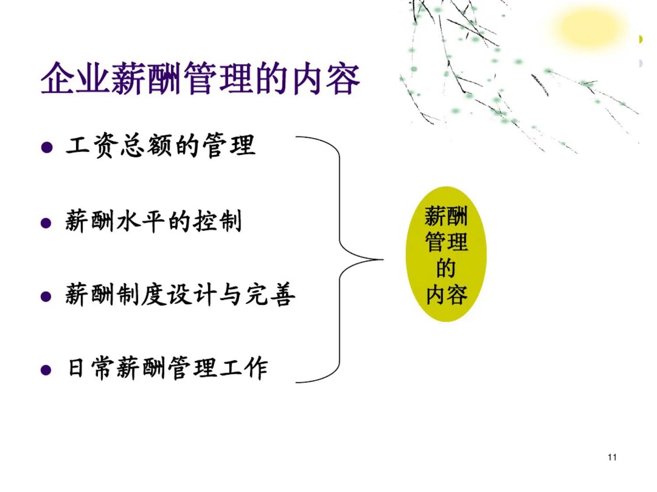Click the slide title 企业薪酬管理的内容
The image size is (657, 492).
click(200, 79)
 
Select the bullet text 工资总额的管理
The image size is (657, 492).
click(160, 146)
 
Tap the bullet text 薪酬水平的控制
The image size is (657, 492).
click(153, 221)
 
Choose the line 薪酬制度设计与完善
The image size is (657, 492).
click(180, 294)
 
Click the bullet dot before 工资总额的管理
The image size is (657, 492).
click(46, 147)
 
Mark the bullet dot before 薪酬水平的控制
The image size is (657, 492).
click(46, 223)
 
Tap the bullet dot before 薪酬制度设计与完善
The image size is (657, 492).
click(46, 297)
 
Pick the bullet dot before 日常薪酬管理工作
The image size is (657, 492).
click(46, 371)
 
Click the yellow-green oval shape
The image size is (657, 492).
click(446, 254)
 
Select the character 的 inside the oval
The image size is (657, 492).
click(446, 268)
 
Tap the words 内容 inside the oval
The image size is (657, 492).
click(446, 294)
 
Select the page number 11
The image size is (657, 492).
click(612, 457)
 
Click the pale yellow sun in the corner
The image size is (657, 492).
click(587, 28)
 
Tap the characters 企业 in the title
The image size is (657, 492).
click(75, 79)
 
